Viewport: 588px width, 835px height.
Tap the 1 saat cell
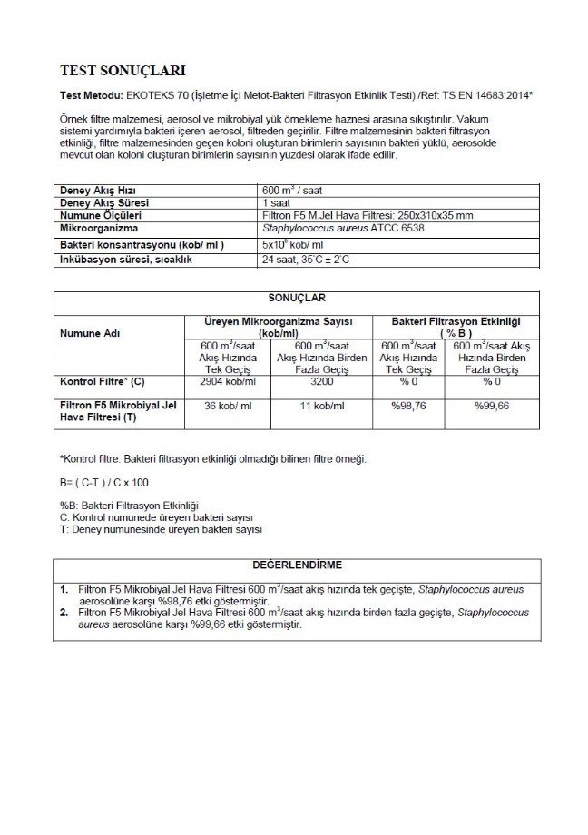pos(276,203)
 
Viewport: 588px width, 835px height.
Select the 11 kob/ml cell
pos(322,406)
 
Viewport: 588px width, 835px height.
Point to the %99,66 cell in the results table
pos(491,406)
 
